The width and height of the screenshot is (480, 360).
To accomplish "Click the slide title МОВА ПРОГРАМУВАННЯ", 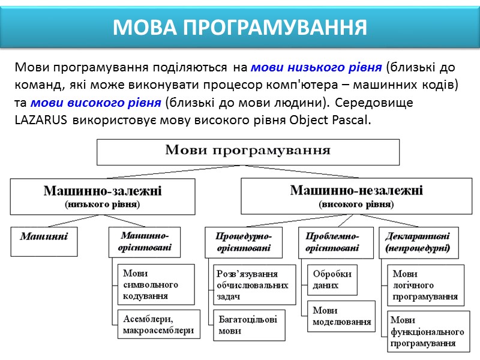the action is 240,27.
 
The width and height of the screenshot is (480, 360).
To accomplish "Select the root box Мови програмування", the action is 248,151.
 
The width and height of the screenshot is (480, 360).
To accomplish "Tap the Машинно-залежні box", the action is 102,196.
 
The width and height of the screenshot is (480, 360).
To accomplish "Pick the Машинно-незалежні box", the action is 356,196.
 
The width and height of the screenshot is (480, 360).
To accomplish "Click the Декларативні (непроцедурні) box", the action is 418,241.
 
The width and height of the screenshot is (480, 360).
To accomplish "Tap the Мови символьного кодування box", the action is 155,284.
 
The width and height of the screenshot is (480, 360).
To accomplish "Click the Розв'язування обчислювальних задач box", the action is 254,284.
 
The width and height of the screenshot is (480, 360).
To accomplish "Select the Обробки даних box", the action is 332,279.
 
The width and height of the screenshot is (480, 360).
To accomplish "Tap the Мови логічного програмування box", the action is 425,285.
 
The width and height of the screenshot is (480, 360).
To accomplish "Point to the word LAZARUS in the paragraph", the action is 41,119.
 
